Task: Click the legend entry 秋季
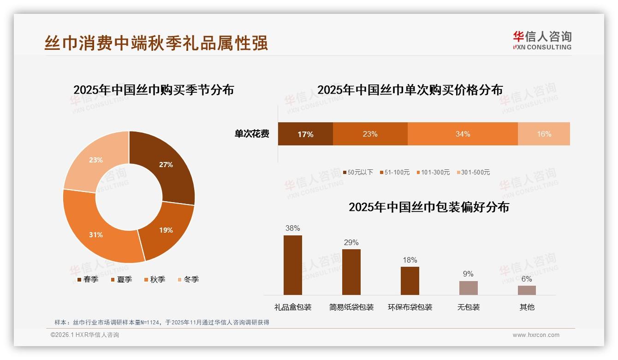[154, 279]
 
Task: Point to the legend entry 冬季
[188, 279]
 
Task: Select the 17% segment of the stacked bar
[305, 134]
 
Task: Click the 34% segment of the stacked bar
[463, 134]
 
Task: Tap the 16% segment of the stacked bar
[544, 134]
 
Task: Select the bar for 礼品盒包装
[293, 265]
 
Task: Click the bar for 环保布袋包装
[410, 281]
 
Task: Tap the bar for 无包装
[469, 288]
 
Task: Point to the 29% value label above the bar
[351, 243]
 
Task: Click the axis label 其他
[527, 307]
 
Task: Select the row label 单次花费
[252, 134]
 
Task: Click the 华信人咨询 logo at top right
[542, 40]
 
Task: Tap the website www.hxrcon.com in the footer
[536, 335]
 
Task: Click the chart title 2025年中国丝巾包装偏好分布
[429, 207]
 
